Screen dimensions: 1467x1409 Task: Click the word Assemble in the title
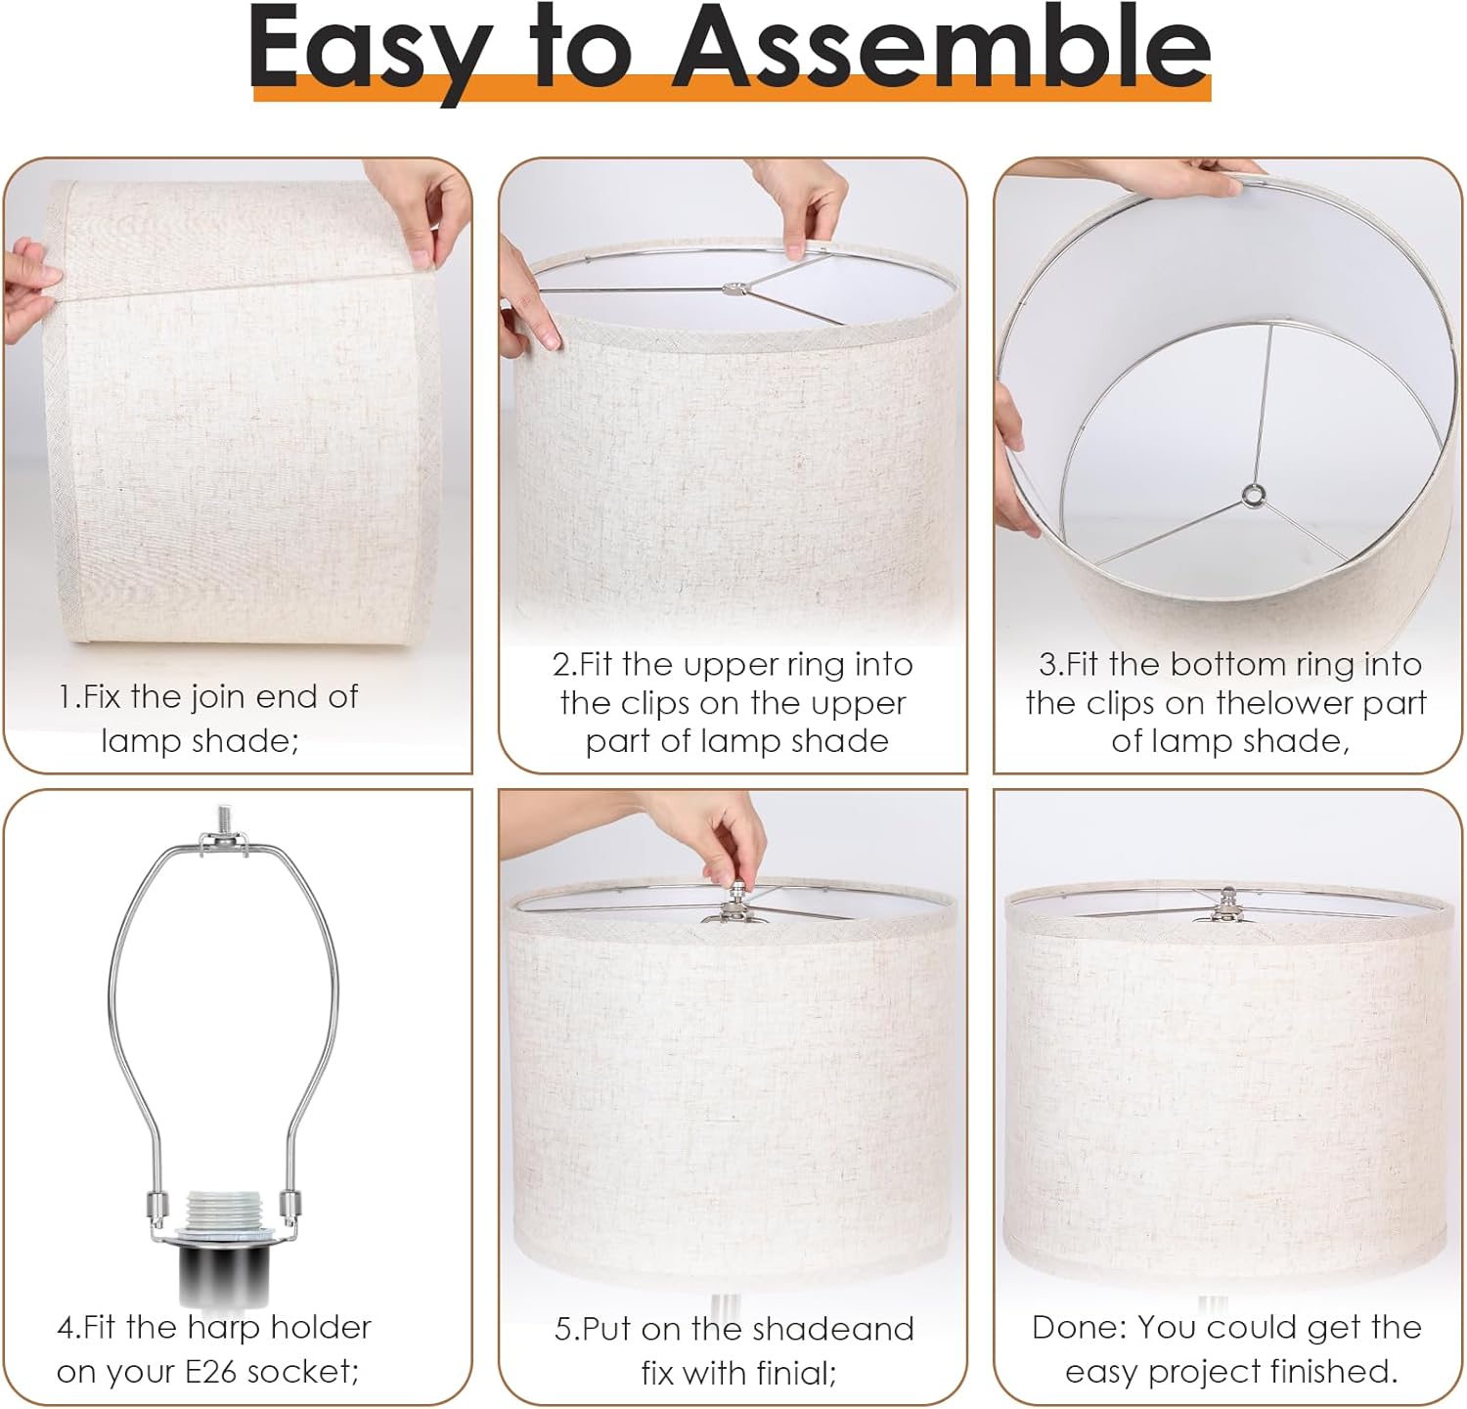tap(942, 47)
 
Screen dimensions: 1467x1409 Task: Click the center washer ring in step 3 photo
tap(1251, 496)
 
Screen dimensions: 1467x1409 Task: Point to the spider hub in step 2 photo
tap(733, 289)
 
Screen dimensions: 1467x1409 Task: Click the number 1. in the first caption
tap(69, 697)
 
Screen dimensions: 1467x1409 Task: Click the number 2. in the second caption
tap(565, 665)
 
